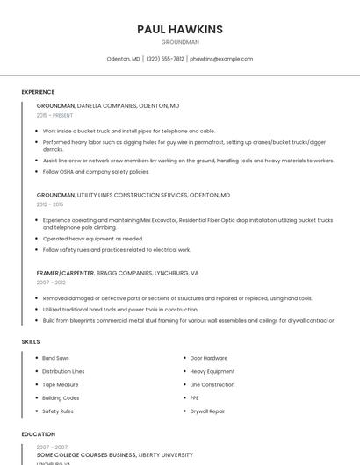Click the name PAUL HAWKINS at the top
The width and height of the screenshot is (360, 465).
point(180,30)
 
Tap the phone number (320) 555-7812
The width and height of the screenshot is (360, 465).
point(165,59)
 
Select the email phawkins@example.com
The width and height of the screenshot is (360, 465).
point(221,59)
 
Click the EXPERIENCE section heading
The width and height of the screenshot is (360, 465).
point(38,92)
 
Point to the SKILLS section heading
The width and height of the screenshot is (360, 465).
point(31,340)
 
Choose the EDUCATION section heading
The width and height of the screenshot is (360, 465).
point(38,433)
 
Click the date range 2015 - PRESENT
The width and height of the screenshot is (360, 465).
point(54,115)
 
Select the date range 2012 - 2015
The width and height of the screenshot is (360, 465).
point(50,204)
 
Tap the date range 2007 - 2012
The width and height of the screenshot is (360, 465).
point(51,283)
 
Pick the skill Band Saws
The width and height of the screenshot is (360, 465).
point(56,358)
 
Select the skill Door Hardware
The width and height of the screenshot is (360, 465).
point(209,358)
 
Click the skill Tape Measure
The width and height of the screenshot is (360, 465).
point(61,384)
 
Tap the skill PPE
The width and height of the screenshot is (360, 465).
point(195,397)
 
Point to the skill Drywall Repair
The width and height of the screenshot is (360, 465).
point(208,411)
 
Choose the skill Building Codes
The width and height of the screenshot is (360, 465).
point(61,397)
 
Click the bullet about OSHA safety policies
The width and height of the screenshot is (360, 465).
point(96,171)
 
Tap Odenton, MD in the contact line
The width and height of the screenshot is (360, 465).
point(124,59)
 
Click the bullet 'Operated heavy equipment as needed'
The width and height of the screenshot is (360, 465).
point(92,238)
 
